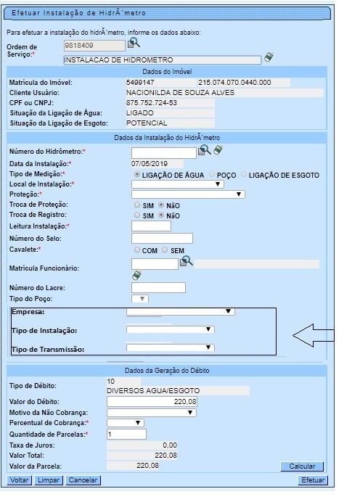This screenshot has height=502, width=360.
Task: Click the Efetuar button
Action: click(313, 480)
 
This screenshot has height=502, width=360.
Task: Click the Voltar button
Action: click(19, 480)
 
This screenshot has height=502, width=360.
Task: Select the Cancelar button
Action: click(83, 480)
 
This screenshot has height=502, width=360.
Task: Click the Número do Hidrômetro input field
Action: click(163, 152)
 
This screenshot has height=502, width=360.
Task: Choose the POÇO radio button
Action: click(212, 175)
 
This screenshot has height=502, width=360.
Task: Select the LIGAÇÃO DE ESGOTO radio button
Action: click(245, 175)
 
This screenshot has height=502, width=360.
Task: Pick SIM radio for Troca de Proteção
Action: click(136, 206)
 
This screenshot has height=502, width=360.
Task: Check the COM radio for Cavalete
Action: click(136, 250)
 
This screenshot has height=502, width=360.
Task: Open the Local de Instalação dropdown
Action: click(177, 185)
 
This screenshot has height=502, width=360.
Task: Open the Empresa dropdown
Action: click(180, 312)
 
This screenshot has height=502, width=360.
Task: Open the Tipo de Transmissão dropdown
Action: click(169, 348)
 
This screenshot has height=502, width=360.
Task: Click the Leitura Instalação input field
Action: click(151, 226)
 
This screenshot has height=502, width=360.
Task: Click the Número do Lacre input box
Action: click(158, 288)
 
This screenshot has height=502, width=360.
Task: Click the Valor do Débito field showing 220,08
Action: click(152, 401)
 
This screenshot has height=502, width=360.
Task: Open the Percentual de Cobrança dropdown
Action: click(125, 423)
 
